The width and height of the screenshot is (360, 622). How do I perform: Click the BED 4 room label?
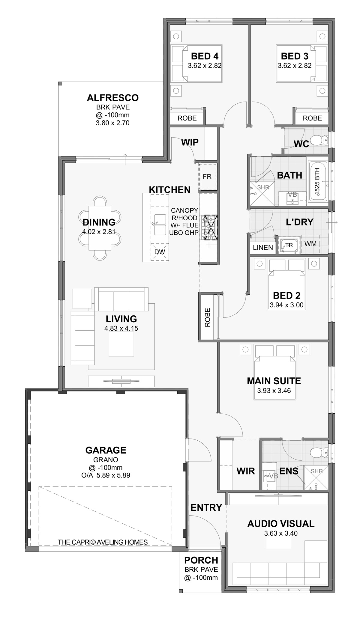click(205, 56)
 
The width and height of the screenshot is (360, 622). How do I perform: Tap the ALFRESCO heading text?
click(113, 98)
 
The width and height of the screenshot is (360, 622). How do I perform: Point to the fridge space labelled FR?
click(207, 176)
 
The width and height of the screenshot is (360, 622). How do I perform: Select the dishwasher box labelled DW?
click(160, 252)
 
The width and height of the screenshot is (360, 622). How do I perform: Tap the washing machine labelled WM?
click(310, 244)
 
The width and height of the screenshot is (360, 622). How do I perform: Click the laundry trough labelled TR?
click(289, 245)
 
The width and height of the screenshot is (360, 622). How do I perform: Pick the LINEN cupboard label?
click(263, 248)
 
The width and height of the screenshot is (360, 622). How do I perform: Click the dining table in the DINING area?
click(100, 228)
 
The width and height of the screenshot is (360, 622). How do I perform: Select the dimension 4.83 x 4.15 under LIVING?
click(121, 328)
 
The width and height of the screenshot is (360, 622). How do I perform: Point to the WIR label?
click(246, 471)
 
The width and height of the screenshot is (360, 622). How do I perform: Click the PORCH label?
click(201, 560)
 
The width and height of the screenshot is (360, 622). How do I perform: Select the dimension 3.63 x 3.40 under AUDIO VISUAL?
click(281, 533)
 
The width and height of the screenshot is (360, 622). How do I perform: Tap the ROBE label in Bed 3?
click(312, 118)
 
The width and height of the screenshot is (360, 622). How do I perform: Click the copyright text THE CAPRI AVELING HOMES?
click(103, 542)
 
